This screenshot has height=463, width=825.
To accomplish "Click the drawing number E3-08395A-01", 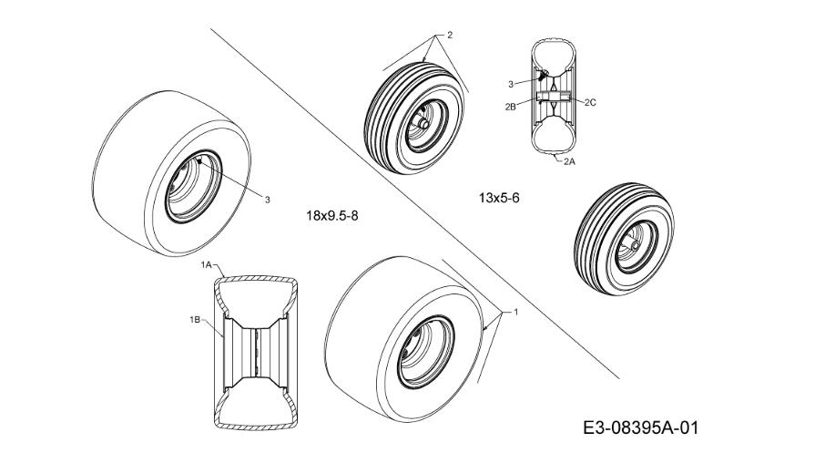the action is pyautogui.click(x=641, y=427).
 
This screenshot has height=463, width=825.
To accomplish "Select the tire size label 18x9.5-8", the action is pyautogui.click(x=332, y=215).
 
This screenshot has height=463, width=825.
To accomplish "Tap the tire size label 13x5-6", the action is pyautogui.click(x=499, y=198).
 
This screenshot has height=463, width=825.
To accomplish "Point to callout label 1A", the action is pyautogui.click(x=206, y=265).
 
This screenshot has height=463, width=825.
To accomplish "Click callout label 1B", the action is pyautogui.click(x=195, y=319).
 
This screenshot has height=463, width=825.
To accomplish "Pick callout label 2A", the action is pyautogui.click(x=569, y=161).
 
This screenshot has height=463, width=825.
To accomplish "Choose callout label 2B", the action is pyautogui.click(x=510, y=106).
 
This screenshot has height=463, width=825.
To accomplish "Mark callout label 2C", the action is pyautogui.click(x=590, y=102).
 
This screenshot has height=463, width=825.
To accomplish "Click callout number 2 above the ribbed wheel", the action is pyautogui.click(x=449, y=36).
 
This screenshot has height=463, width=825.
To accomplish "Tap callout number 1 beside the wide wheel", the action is pyautogui.click(x=516, y=312).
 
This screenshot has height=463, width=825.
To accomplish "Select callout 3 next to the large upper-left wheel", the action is pyautogui.click(x=268, y=200).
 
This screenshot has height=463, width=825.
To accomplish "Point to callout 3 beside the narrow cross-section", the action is pyautogui.click(x=510, y=84).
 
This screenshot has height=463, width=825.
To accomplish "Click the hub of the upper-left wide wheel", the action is pyautogui.click(x=192, y=186).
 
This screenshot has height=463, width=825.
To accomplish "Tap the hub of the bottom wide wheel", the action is pyautogui.click(x=425, y=352).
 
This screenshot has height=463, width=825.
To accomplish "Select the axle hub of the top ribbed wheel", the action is pyautogui.click(x=423, y=122).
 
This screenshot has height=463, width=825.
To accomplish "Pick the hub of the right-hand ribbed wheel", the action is pyautogui.click(x=635, y=245).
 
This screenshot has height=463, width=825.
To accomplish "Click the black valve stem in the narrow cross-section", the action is pyautogui.click(x=542, y=74).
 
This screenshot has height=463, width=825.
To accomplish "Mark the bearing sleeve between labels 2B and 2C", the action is pyautogui.click(x=554, y=97).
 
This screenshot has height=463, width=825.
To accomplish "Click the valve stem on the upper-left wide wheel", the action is pyautogui.click(x=199, y=161).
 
